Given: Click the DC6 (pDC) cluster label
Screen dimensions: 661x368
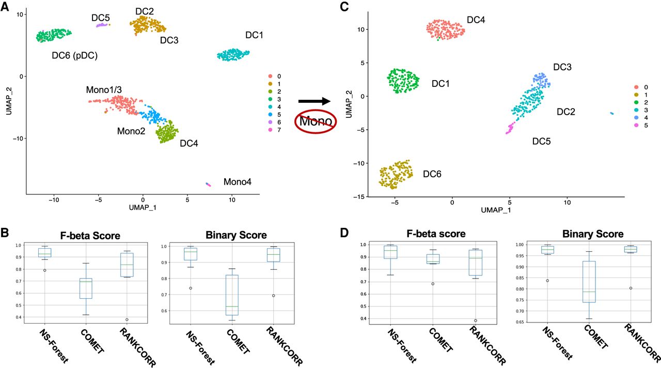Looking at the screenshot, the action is click(75, 55).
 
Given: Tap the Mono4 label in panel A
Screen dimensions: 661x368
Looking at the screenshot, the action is click(237, 181).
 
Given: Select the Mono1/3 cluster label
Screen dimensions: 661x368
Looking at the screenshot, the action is click(104, 90).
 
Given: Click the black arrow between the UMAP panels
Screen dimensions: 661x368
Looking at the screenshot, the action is click(314, 101).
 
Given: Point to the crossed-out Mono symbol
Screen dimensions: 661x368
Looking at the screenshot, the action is click(316, 121).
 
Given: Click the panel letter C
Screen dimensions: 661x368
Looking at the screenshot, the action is click(344, 7).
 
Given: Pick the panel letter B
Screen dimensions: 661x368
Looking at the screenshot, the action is click(5, 233).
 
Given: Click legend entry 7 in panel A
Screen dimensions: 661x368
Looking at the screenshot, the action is click(275, 130).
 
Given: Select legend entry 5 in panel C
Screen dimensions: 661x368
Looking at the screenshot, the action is click(640, 125).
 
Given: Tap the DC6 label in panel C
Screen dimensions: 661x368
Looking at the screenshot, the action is click(432, 174).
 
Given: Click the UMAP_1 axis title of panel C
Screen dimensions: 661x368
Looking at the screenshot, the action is click(496, 210).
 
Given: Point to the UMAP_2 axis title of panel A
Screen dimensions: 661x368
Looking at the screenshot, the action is click(9, 100).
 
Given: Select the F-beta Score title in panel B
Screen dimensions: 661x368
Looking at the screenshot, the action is click(90, 236).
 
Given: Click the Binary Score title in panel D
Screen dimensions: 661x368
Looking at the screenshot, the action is click(593, 234).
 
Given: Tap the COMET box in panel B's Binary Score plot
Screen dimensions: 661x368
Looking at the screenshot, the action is click(232, 295).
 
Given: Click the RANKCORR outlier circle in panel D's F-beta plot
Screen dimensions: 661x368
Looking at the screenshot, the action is click(476, 320).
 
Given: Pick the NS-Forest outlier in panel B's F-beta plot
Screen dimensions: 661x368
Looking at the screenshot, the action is click(44, 270).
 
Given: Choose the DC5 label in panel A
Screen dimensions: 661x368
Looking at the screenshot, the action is click(101, 18).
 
